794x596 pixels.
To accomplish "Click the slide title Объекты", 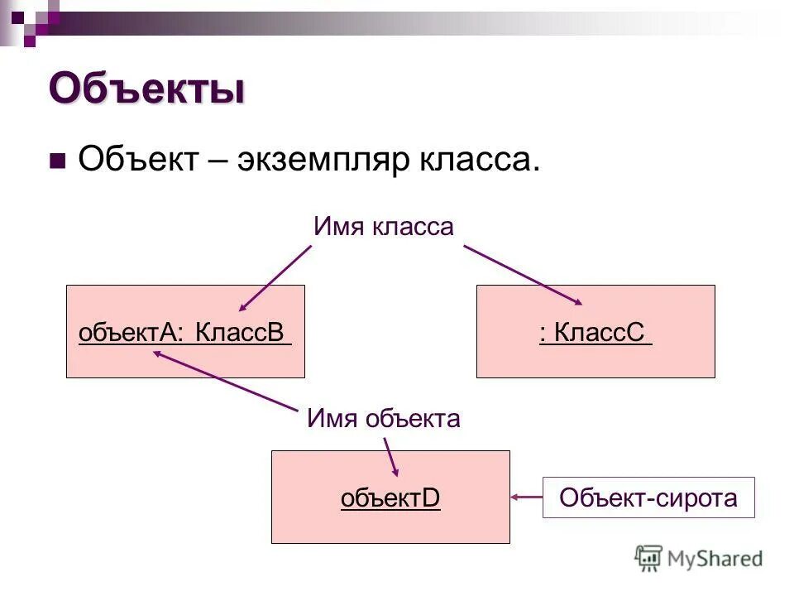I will tap(146, 89).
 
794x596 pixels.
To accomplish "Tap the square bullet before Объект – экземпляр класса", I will tap(57, 161).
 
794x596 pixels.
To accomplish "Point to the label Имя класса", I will tap(384, 227).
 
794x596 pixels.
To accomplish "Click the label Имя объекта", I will tap(383, 419).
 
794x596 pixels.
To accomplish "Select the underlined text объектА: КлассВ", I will tap(184, 333).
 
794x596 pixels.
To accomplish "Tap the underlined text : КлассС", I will tap(595, 333).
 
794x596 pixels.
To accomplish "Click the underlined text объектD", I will tap(390, 498).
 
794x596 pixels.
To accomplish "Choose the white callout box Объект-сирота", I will tap(648, 497).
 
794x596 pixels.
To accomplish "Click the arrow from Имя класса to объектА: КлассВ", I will tap(275, 278).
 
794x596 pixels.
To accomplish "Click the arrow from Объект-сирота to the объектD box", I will tap(527, 497).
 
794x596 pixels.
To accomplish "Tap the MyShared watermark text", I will tap(715, 558).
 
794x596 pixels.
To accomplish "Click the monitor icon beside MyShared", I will tap(649, 558).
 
